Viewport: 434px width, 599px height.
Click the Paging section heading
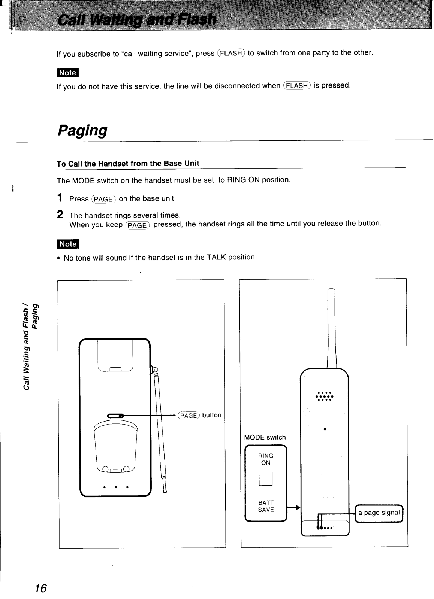click(82, 130)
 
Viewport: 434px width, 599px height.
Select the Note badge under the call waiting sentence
click(67, 73)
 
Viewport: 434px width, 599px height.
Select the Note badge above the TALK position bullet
click(67, 244)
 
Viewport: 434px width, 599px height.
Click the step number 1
click(60, 198)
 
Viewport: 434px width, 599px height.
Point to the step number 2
click(60, 215)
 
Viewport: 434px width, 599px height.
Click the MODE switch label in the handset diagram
click(265, 437)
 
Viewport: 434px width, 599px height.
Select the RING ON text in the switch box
click(266, 459)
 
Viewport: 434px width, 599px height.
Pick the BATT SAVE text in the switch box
click(266, 506)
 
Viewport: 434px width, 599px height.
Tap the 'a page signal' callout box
click(379, 513)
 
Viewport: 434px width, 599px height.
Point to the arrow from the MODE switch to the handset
click(293, 508)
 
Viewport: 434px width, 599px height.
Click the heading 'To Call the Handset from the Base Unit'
click(128, 164)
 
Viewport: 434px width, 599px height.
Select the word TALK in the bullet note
click(216, 258)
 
